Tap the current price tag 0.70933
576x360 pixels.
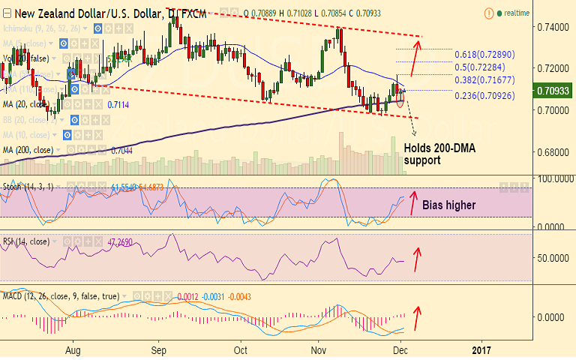[553, 91]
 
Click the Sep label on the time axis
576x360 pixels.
[157, 349]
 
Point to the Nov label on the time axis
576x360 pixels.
[319, 349]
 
